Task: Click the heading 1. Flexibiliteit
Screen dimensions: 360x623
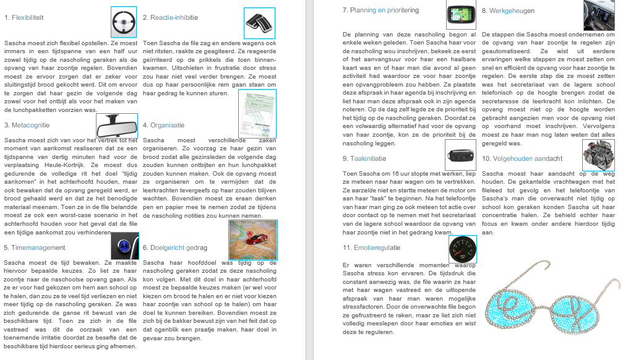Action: (x=24, y=17)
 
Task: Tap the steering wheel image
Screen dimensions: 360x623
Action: (x=124, y=22)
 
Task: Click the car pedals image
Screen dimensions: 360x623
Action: (x=259, y=23)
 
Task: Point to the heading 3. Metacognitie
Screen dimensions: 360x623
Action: (x=26, y=125)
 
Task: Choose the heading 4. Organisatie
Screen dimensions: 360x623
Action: (x=163, y=125)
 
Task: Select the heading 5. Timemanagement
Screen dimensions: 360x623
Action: (x=34, y=247)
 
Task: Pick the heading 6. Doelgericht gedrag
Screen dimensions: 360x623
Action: (x=175, y=247)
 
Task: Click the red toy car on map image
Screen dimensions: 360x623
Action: (x=252, y=240)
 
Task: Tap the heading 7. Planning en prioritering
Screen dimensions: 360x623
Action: (x=380, y=11)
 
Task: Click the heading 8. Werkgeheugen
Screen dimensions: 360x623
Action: (x=508, y=11)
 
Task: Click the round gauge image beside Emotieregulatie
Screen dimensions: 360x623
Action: (x=462, y=249)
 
